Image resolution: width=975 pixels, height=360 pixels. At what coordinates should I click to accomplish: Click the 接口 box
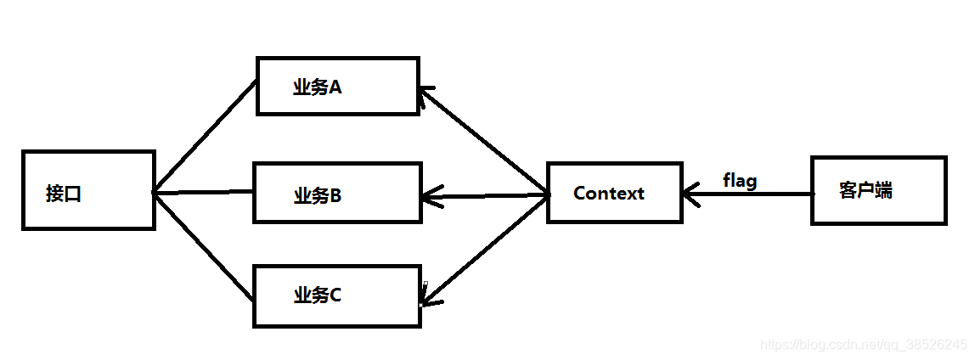(x=88, y=190)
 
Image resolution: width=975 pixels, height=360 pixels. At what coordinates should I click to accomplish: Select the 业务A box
(x=337, y=86)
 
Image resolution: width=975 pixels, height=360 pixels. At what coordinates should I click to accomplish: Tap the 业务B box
(x=337, y=194)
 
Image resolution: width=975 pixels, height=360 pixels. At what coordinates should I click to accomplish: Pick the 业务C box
(x=337, y=295)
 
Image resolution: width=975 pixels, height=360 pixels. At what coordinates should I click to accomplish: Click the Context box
(x=614, y=193)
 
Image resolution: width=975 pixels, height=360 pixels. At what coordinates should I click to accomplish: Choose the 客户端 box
(x=878, y=190)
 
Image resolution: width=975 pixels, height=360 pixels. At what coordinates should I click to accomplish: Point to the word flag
(x=740, y=180)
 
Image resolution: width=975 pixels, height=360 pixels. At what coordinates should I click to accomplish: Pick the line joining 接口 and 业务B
(x=204, y=192)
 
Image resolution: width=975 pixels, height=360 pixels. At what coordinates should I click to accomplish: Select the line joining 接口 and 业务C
(x=204, y=247)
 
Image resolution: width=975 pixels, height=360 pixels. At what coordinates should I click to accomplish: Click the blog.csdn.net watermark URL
(x=863, y=345)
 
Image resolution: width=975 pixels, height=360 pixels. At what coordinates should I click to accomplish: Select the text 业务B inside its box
(x=318, y=196)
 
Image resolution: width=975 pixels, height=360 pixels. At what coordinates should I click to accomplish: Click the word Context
(x=609, y=193)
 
